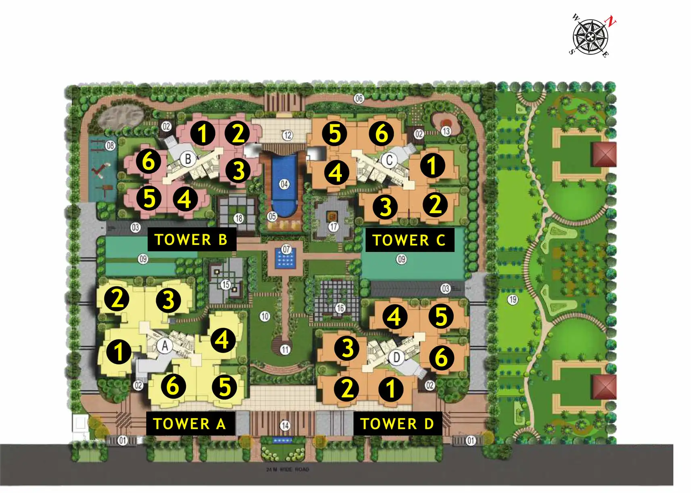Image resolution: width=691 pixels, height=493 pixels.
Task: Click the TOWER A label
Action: (x=190, y=424)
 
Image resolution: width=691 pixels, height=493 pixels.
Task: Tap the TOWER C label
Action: (x=409, y=240)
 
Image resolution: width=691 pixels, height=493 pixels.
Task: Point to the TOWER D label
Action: (x=397, y=424)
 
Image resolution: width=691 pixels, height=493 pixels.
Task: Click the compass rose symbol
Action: (x=590, y=37)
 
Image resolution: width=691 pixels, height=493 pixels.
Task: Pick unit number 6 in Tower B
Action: (x=149, y=161)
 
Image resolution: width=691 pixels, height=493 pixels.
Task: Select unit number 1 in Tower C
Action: (x=432, y=165)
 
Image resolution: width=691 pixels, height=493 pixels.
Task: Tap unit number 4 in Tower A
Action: (x=222, y=340)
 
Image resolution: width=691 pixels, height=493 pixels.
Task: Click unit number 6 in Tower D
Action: (x=441, y=357)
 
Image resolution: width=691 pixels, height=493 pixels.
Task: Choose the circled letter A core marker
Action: (x=165, y=346)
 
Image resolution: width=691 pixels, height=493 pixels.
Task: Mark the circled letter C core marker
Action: (x=389, y=160)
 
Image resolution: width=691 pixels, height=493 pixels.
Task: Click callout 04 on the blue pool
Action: (x=285, y=185)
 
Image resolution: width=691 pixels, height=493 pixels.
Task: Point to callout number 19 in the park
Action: (x=513, y=300)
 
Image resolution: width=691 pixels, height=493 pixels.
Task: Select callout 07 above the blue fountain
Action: (x=286, y=249)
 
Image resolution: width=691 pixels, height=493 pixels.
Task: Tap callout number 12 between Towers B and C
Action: (x=287, y=135)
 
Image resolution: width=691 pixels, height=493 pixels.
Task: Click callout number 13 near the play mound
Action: (x=446, y=131)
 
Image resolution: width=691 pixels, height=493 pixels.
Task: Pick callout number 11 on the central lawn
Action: (x=285, y=350)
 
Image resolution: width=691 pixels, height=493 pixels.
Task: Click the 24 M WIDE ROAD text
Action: (x=287, y=470)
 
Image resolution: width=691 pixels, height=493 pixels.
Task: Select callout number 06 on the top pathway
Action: (x=359, y=99)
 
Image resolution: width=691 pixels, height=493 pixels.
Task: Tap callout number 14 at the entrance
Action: (x=285, y=425)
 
